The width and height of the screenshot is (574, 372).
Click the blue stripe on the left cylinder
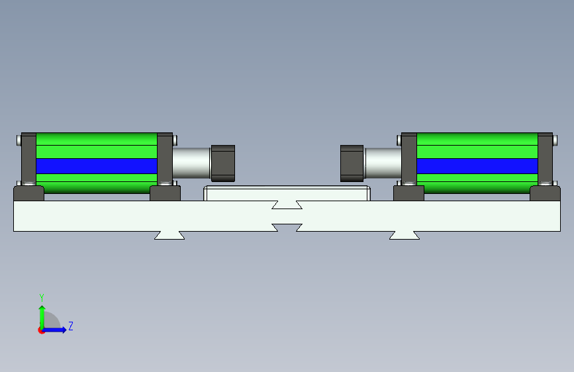click(x=97, y=166)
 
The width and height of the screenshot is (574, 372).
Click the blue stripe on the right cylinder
click(x=477, y=166)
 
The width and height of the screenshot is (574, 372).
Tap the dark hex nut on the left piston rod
click(x=223, y=163)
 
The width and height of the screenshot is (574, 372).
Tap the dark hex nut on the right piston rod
click(x=352, y=163)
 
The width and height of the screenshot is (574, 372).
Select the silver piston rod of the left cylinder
click(x=191, y=163)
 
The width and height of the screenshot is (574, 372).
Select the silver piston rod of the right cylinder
click(x=383, y=163)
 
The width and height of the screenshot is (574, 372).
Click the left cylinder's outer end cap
click(x=28, y=160)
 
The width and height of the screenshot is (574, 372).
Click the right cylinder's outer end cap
click(x=545, y=160)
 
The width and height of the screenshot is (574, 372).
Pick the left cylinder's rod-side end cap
click(x=165, y=160)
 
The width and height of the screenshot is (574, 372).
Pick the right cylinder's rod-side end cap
click(x=409, y=160)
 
